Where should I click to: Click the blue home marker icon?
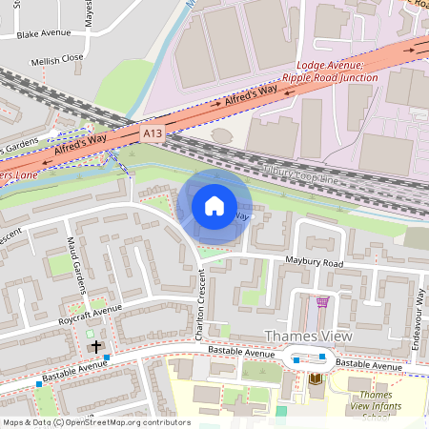point(214,206)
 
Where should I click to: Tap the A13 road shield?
point(153,134)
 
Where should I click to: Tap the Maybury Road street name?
point(311,262)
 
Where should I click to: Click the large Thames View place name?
point(307,337)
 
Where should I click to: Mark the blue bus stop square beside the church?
point(108,357)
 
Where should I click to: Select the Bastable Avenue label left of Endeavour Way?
point(368,365)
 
